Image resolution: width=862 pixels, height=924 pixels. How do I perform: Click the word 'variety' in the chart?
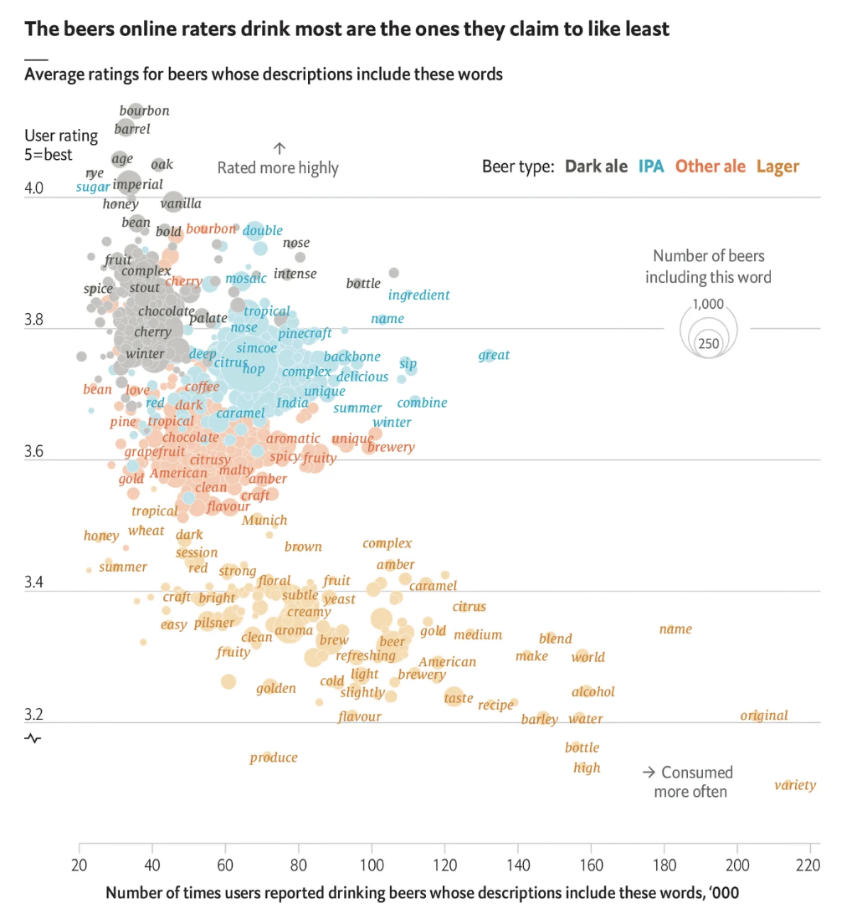[x=795, y=785]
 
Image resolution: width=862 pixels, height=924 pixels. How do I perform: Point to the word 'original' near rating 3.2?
[x=764, y=716]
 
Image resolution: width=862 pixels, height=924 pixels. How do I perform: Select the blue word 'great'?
[x=494, y=355]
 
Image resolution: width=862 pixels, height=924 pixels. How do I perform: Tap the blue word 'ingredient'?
[x=419, y=295]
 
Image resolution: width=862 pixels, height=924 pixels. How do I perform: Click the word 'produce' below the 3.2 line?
[x=274, y=757]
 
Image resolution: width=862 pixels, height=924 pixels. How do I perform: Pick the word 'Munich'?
[x=264, y=520]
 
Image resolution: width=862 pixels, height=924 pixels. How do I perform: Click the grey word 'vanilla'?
[x=182, y=203]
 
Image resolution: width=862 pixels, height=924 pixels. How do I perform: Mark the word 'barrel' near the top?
[x=132, y=129]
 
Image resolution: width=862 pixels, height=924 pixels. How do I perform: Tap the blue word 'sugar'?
[x=93, y=187]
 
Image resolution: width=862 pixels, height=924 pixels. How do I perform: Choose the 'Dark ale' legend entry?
[x=596, y=167]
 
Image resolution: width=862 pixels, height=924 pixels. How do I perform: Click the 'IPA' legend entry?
[x=651, y=167]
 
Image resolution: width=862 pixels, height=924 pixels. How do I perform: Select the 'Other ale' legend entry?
[x=711, y=167]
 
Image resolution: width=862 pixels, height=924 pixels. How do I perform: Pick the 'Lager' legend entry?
[x=778, y=167]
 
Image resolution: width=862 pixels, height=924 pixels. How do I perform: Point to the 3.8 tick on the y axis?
[x=34, y=321]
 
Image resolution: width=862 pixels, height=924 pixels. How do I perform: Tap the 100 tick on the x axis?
[x=372, y=864]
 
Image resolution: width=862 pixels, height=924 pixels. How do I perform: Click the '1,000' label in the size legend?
[x=708, y=305]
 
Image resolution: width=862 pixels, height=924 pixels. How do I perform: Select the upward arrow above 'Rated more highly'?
[x=280, y=148]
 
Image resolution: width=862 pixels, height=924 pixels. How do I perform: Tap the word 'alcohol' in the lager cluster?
[x=593, y=691]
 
